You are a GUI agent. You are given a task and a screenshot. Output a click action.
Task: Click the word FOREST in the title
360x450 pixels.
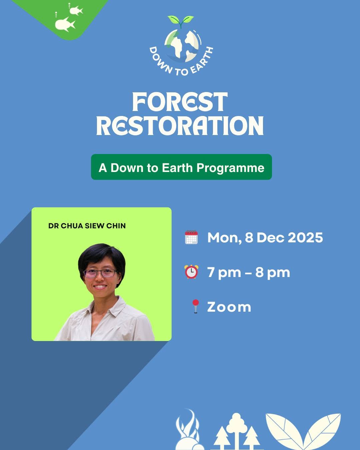tap(180, 102)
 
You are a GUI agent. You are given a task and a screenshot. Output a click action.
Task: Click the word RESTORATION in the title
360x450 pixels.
tap(180, 125)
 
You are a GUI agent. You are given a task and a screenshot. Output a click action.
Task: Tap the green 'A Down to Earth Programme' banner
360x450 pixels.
tap(181, 167)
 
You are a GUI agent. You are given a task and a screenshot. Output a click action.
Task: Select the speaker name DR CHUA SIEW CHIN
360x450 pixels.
tap(87, 226)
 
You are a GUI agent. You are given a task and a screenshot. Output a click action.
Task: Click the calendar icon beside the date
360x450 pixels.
tap(191, 237)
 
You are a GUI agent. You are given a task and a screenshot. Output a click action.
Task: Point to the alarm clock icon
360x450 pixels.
tap(191, 272)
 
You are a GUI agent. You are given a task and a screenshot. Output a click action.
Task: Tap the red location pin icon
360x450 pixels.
tap(196, 306)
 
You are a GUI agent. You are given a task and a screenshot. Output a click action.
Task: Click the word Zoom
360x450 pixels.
tap(229, 307)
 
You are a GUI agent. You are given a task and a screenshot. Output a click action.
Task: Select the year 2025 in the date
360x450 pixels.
tap(305, 238)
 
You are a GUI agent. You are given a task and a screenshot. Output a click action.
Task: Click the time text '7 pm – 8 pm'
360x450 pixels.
tap(249, 272)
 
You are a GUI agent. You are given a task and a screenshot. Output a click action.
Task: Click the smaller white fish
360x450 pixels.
tap(76, 10)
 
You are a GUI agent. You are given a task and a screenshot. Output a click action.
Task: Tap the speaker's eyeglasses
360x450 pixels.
tap(100, 273)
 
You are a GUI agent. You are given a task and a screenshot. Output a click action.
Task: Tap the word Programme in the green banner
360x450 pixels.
tap(230, 168)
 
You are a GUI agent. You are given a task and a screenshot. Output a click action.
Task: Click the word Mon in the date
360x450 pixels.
tap(223, 238)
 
